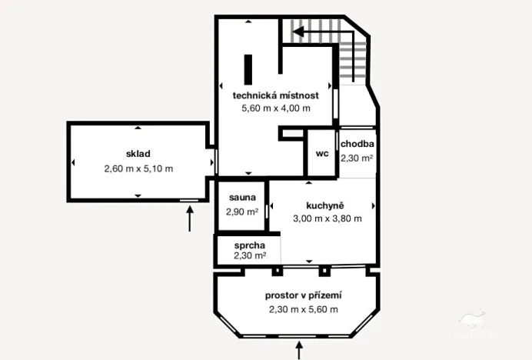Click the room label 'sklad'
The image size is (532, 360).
pos(138,153)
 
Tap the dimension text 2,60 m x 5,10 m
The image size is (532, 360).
pos(138,168)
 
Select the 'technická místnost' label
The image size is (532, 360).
pos(276,95)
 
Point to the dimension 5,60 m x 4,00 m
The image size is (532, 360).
pos(276,108)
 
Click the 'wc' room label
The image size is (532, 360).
pos(322,153)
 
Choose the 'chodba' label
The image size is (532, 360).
pos(357,144)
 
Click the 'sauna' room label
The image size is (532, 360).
pos(241,197)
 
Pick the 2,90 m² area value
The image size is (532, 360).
pos(241,212)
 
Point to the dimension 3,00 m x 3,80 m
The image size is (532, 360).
pos(327,218)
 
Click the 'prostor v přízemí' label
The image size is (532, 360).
pos(303,295)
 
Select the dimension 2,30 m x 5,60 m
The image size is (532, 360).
pos(303,309)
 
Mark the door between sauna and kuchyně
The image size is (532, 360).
pos(267,210)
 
